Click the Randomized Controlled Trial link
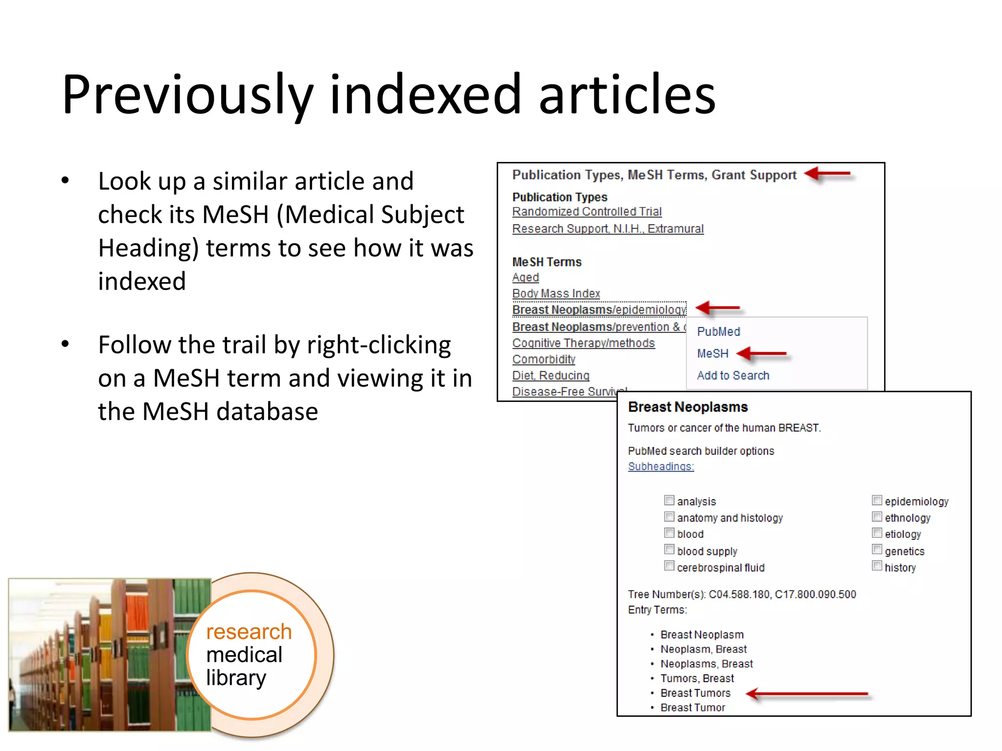tap(587, 212)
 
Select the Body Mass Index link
tap(556, 293)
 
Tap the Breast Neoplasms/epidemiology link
tap(599, 310)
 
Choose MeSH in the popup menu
tap(712, 353)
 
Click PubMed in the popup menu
tap(718, 331)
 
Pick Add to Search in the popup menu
tap(733, 375)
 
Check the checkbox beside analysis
tap(669, 500)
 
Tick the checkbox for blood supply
tap(669, 550)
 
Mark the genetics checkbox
tap(877, 550)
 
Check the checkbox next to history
tap(877, 566)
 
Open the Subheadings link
tap(660, 466)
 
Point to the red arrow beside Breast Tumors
tap(807, 693)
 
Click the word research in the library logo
tap(249, 632)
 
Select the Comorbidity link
tap(544, 359)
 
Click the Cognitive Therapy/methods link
tap(583, 343)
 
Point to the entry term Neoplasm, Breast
tap(703, 649)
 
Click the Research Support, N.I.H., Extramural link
tap(608, 229)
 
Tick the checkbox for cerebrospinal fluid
tap(669, 566)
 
